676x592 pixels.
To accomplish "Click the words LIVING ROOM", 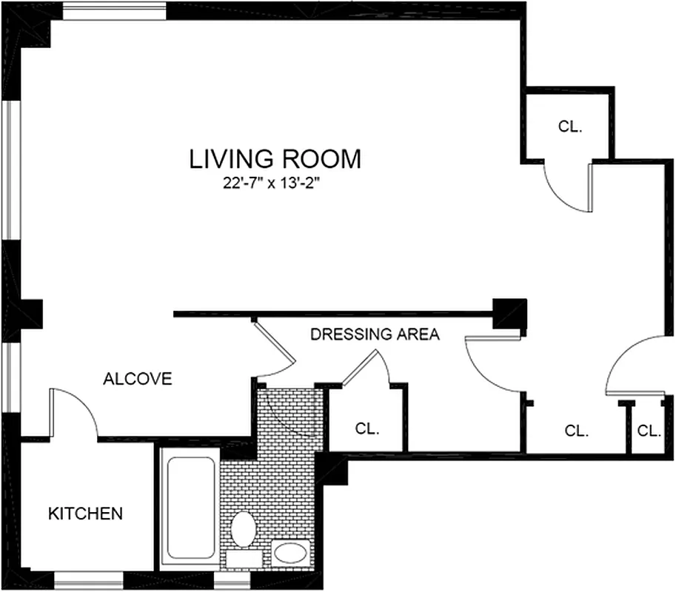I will (x=275, y=159).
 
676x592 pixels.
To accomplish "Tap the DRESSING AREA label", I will (x=375, y=334).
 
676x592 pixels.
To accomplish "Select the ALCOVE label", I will (x=137, y=380).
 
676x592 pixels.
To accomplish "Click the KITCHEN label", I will (x=85, y=513).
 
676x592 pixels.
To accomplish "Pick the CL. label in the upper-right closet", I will (x=570, y=127).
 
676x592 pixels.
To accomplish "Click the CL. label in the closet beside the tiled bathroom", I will (x=367, y=428).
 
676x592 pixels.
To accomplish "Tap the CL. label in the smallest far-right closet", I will (x=649, y=431).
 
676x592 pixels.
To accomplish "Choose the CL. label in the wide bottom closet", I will (x=576, y=431).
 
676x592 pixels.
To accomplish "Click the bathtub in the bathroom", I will (x=190, y=509).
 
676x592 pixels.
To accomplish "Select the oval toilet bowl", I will (x=243, y=529).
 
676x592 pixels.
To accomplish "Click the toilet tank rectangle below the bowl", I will (x=243, y=559).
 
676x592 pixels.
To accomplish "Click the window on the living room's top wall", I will (x=115, y=11).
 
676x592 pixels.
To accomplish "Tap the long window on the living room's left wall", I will (x=10, y=169).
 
